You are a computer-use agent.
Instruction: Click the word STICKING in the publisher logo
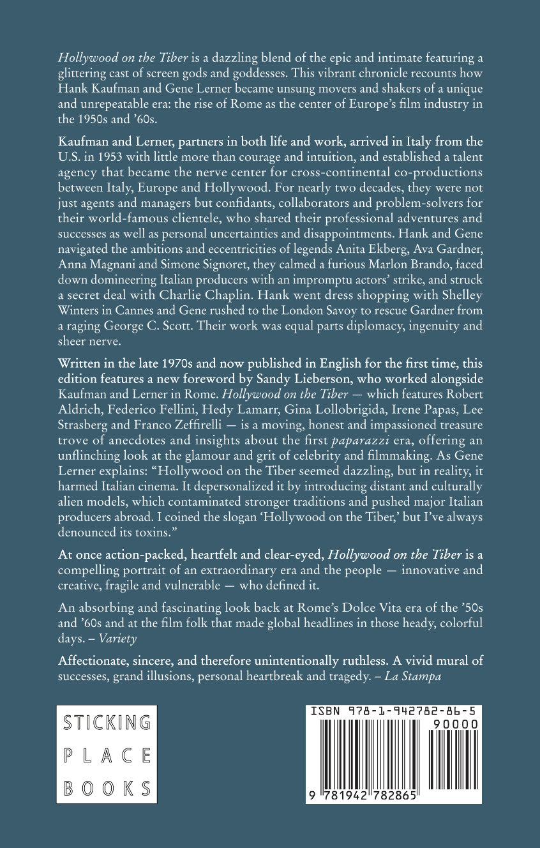pos(107,723)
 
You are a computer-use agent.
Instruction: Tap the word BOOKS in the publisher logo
pos(107,788)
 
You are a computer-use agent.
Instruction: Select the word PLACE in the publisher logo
pos(107,755)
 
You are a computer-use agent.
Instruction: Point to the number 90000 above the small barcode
pos(455,724)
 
